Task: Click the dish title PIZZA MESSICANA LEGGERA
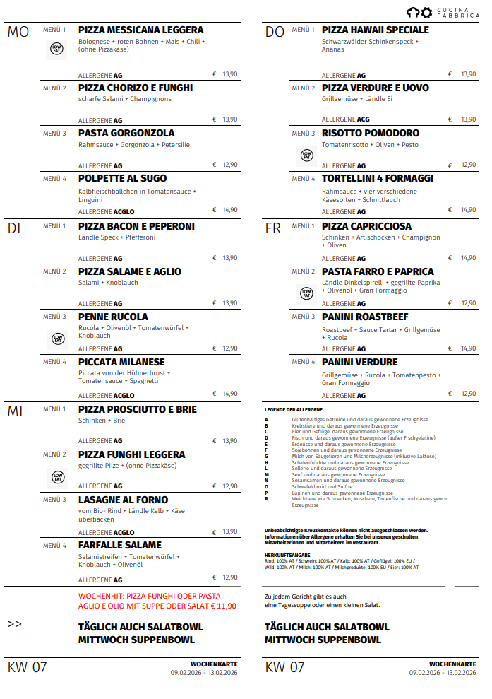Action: [x=140, y=30]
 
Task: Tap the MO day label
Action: [x=18, y=33]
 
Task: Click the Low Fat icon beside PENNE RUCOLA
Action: [x=57, y=339]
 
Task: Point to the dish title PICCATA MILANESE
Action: [x=121, y=363]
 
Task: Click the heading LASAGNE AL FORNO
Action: [x=123, y=500]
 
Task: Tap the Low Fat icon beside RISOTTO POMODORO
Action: [x=306, y=155]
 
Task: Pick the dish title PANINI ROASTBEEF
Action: [x=365, y=317]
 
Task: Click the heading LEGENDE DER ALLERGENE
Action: [x=293, y=409]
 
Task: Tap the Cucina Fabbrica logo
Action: [x=443, y=12]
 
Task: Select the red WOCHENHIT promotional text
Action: [x=157, y=601]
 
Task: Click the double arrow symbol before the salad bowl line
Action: [x=15, y=624]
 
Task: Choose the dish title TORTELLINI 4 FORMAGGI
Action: [x=378, y=179]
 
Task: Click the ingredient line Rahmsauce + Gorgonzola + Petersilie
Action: [x=134, y=145]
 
